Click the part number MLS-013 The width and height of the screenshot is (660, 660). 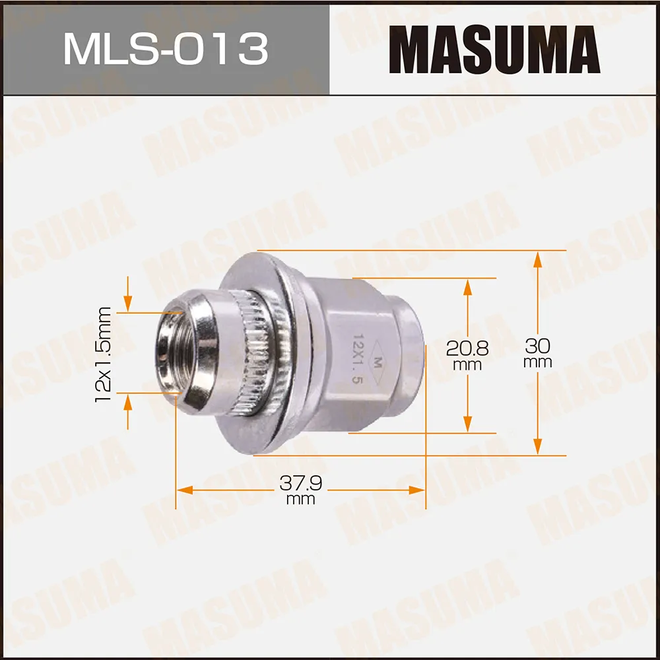165,49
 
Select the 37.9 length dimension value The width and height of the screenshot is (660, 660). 300,483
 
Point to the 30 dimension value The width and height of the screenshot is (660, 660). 538,346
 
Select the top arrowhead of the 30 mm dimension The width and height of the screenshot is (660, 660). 538,259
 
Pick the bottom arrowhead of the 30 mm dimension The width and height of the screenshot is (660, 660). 538,447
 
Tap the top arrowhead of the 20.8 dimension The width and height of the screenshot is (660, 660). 467,286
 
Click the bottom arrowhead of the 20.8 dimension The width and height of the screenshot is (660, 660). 467,425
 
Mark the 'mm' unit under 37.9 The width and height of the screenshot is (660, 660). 300,500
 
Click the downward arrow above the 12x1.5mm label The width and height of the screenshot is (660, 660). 127,304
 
